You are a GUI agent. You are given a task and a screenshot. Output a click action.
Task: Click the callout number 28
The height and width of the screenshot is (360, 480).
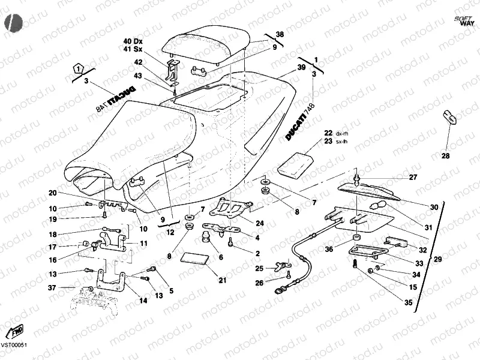[445, 156]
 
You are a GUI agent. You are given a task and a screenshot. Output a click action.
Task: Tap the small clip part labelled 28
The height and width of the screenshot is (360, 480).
[449, 116]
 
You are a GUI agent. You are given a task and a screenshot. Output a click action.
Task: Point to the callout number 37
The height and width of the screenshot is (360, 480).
[53, 289]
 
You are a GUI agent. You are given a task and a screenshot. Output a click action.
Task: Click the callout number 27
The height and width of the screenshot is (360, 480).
[412, 178]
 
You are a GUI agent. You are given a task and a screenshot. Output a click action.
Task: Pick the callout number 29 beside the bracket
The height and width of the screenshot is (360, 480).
[437, 259]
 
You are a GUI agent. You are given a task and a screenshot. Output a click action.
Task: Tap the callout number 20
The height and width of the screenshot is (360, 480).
[53, 193]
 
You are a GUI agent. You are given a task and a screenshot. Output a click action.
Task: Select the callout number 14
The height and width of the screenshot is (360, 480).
[143, 300]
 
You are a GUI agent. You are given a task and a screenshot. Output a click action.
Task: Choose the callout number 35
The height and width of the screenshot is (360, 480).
[408, 303]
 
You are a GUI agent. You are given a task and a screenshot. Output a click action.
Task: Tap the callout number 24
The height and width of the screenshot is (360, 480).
[260, 223]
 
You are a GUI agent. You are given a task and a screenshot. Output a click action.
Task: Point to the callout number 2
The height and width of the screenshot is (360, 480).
[257, 254]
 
